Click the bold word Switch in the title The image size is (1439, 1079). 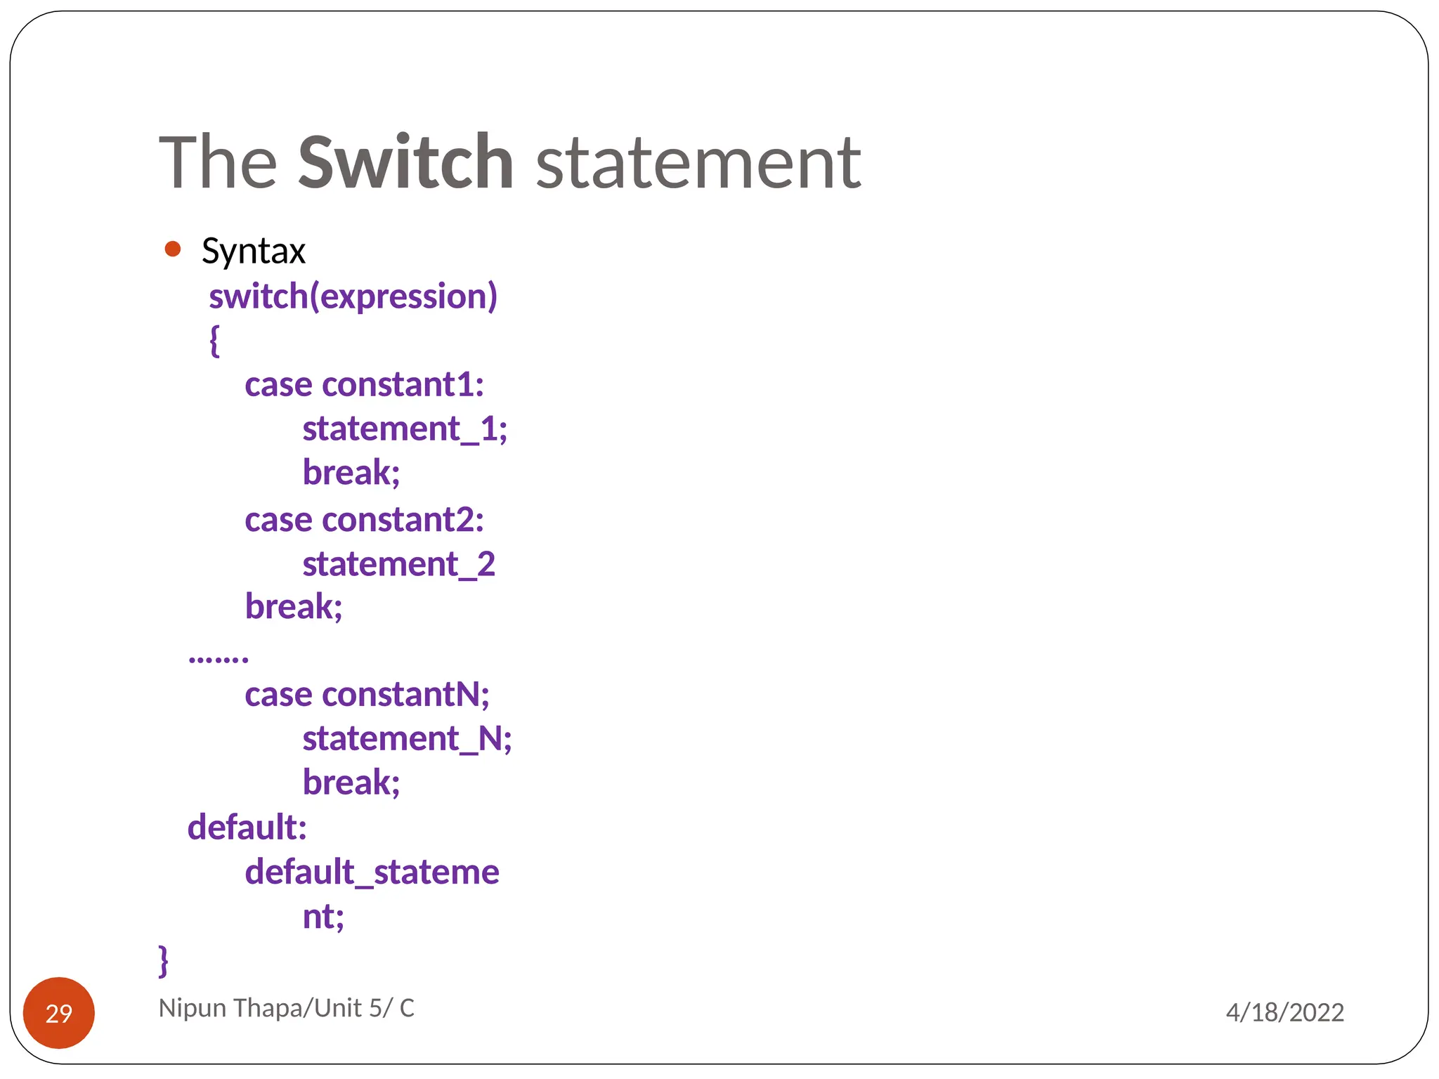pos(405,162)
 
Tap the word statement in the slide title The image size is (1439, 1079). pos(698,164)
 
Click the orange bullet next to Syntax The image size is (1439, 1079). pos(172,249)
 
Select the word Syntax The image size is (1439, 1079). pos(253,251)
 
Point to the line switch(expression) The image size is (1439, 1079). pos(353,296)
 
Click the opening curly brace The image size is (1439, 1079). pos(214,341)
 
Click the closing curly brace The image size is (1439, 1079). pos(164,960)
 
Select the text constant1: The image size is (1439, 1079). pos(403,385)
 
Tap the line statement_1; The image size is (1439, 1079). pos(405,429)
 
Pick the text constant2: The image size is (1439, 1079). pos(403,521)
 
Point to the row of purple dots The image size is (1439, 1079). pos(219,658)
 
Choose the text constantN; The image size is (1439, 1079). pos(405,695)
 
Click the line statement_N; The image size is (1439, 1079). pos(407,739)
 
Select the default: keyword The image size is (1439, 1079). pos(247,828)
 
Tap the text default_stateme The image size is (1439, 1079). pos(372,872)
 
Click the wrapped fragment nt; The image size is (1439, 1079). pos(323,917)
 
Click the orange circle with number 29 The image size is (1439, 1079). pos(59,1013)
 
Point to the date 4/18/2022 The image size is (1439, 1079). pos(1284,1012)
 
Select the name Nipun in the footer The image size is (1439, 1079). pos(193,1008)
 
